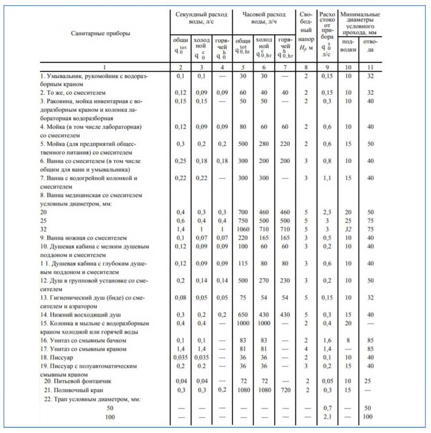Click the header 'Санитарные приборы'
tap(100, 33)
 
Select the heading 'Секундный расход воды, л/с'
tap(201, 18)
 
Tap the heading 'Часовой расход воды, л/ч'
tap(264, 18)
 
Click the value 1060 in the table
tap(243, 230)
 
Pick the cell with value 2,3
tap(327, 213)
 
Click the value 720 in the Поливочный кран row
tap(285, 390)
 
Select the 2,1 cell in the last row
tap(327, 417)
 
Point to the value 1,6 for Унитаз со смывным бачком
tap(327, 340)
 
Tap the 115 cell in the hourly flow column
tap(243, 263)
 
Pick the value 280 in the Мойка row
tap(264, 144)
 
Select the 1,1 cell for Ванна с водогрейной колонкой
tap(327, 178)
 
